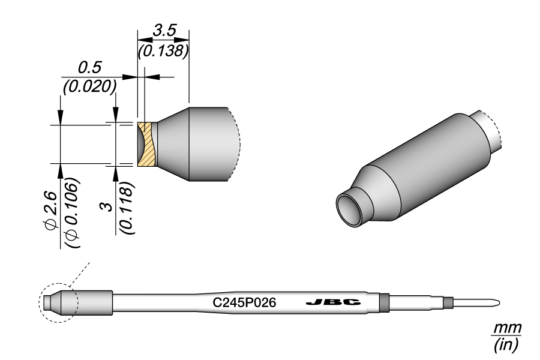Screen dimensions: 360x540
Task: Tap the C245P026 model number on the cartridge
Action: pos(244,303)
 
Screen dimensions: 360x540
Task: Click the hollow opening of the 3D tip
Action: pos(349,209)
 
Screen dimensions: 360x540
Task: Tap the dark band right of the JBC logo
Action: pos(385,302)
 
